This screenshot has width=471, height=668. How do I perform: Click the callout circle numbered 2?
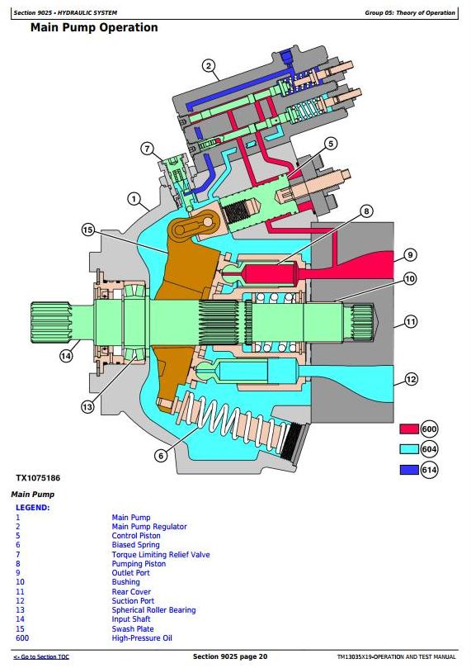pos(208,65)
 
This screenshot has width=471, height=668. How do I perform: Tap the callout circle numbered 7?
pos(147,149)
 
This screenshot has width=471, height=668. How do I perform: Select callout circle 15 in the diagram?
pos(87,230)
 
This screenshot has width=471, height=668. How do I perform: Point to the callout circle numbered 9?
pos(410,255)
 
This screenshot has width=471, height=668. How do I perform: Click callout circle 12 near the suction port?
pos(411,379)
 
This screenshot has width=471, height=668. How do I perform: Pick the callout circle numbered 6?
pos(161,456)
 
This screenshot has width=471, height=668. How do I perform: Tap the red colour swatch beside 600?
pos(409,429)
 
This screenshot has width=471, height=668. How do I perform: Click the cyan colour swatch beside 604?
pos(409,449)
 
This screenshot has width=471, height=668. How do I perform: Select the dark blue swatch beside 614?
pos(409,470)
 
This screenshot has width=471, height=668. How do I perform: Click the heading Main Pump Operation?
pos(94,28)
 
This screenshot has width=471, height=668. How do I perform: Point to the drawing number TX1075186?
pos(38,478)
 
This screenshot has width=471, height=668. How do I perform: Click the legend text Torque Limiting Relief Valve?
pos(161,555)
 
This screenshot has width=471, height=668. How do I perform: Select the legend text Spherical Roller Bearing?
pos(153,610)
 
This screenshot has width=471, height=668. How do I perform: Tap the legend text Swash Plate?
pos(133,629)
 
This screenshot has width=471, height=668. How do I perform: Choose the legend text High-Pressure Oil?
pos(142,638)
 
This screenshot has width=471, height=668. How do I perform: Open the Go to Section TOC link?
pos(41,657)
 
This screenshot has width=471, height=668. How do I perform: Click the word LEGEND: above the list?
pos(33,508)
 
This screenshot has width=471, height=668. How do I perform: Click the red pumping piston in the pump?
pos(267,272)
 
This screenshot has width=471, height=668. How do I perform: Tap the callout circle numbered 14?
pos(66,356)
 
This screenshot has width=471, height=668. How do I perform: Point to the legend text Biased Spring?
pos(136,545)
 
